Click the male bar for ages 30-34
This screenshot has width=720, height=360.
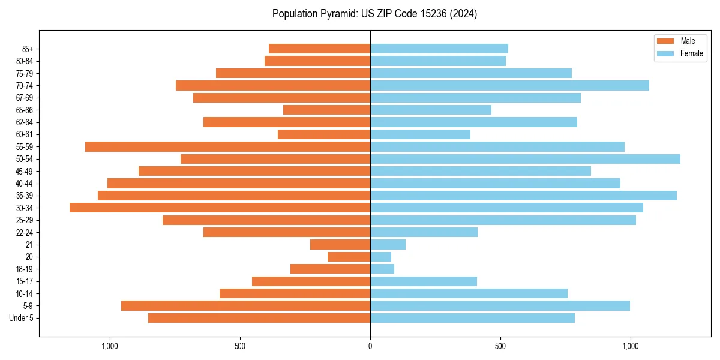(x=220, y=208)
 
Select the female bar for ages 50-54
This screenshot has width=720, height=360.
(x=525, y=159)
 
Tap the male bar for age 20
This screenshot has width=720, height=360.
(x=349, y=257)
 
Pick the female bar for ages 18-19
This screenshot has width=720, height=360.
(x=382, y=269)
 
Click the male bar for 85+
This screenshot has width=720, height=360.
(x=319, y=49)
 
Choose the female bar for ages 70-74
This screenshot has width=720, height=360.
(x=509, y=85)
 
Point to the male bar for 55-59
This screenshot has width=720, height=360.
(x=227, y=146)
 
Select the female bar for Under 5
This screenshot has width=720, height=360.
(x=472, y=318)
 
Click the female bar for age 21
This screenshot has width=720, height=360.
(x=388, y=244)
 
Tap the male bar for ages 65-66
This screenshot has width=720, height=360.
(x=326, y=110)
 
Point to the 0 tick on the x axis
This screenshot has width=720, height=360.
(x=370, y=346)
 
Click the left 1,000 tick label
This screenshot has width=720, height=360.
(x=110, y=346)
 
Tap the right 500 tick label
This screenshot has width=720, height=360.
(x=500, y=346)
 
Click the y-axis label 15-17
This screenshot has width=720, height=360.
(x=25, y=281)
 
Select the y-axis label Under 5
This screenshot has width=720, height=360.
(x=21, y=318)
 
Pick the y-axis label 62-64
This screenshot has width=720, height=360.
(x=25, y=122)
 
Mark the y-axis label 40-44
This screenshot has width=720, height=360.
(x=25, y=184)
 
